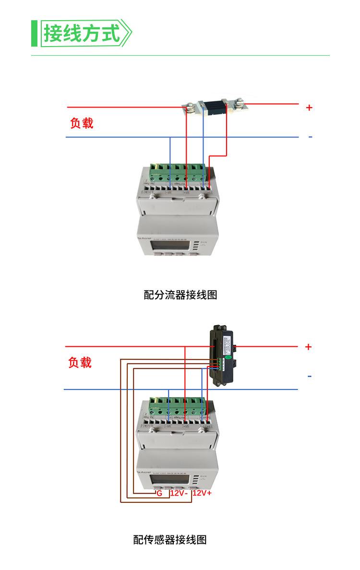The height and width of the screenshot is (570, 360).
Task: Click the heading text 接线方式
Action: (82, 33)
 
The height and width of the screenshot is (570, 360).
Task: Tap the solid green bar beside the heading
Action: (34, 33)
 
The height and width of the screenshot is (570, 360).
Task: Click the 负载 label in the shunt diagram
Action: (82, 123)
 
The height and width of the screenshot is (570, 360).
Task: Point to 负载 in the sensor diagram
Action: (80, 362)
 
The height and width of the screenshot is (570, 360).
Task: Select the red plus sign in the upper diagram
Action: (309, 108)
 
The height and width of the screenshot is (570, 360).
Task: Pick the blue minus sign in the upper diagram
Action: (310, 137)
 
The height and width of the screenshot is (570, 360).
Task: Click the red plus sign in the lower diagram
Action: (308, 347)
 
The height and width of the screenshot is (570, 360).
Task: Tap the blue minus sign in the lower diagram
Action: (310, 376)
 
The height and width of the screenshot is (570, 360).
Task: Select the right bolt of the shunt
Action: (239, 102)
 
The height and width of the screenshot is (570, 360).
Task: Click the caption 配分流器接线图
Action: (180, 295)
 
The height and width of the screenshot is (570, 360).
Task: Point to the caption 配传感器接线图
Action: (170, 539)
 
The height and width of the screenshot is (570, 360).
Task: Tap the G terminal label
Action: (159, 493)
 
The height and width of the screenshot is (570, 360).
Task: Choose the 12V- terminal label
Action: (178, 493)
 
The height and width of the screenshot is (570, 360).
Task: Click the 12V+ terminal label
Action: (202, 493)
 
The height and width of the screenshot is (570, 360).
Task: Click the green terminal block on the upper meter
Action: (179, 173)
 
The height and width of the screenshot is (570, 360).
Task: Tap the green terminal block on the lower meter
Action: (178, 407)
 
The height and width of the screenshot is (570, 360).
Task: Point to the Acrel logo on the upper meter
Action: (144, 236)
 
